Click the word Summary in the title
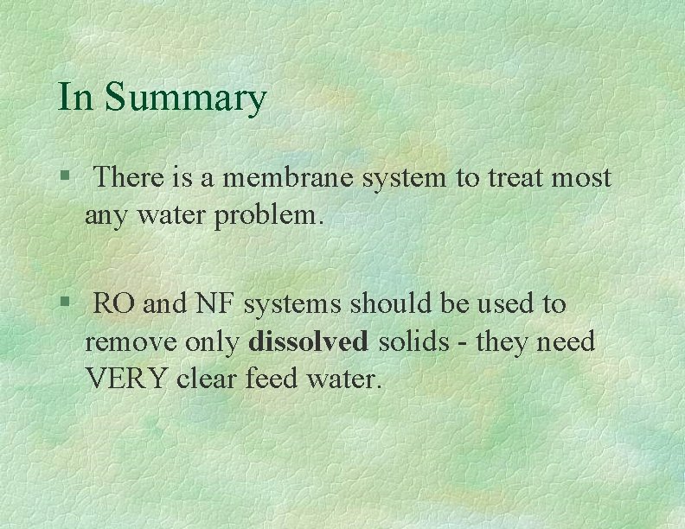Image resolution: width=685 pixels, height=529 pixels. [x=185, y=99]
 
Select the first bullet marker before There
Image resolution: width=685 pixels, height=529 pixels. [x=64, y=178]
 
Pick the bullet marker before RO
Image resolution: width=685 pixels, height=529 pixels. [x=64, y=304]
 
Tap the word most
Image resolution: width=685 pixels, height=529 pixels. [x=581, y=178]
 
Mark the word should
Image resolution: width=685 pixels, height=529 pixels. [x=379, y=304]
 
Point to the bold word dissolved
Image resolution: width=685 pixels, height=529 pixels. [x=307, y=342]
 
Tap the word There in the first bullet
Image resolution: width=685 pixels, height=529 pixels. [x=131, y=178]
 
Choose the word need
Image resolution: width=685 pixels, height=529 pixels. [x=566, y=342]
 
